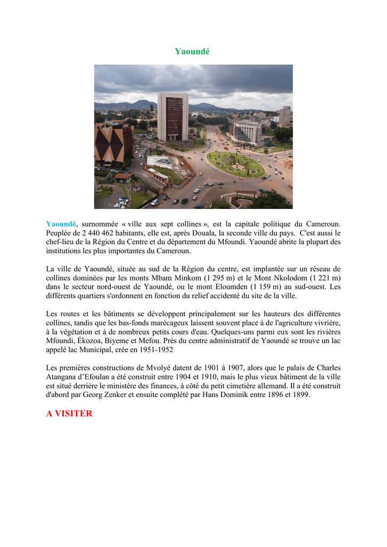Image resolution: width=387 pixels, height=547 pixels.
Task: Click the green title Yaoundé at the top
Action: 192,51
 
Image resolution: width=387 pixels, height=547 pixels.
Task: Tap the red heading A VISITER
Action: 69,413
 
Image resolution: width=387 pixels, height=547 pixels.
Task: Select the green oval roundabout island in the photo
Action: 236,165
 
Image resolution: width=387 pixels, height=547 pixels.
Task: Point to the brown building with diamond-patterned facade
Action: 113,143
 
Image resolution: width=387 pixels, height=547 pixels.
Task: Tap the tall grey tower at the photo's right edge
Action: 285,115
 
